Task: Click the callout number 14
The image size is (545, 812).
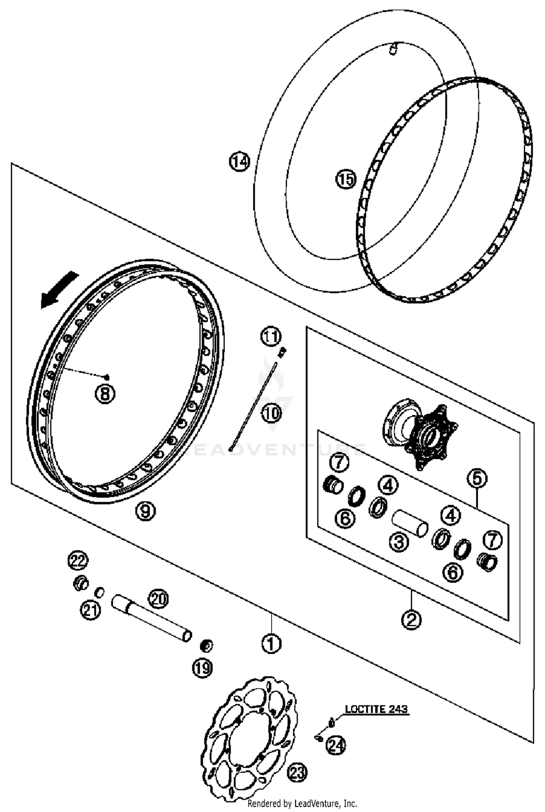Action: pyautogui.click(x=239, y=162)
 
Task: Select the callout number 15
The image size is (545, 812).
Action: pyautogui.click(x=346, y=179)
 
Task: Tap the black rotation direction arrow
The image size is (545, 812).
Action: pyautogui.click(x=59, y=290)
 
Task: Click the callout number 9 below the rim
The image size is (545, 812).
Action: pyautogui.click(x=145, y=511)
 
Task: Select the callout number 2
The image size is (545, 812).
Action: pyautogui.click(x=411, y=619)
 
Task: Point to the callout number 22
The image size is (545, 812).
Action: pyautogui.click(x=78, y=561)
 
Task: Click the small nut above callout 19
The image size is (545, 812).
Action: pyautogui.click(x=207, y=645)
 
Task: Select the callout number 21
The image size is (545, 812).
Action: pyautogui.click(x=90, y=609)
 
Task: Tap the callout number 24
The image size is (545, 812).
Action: pyautogui.click(x=336, y=746)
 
